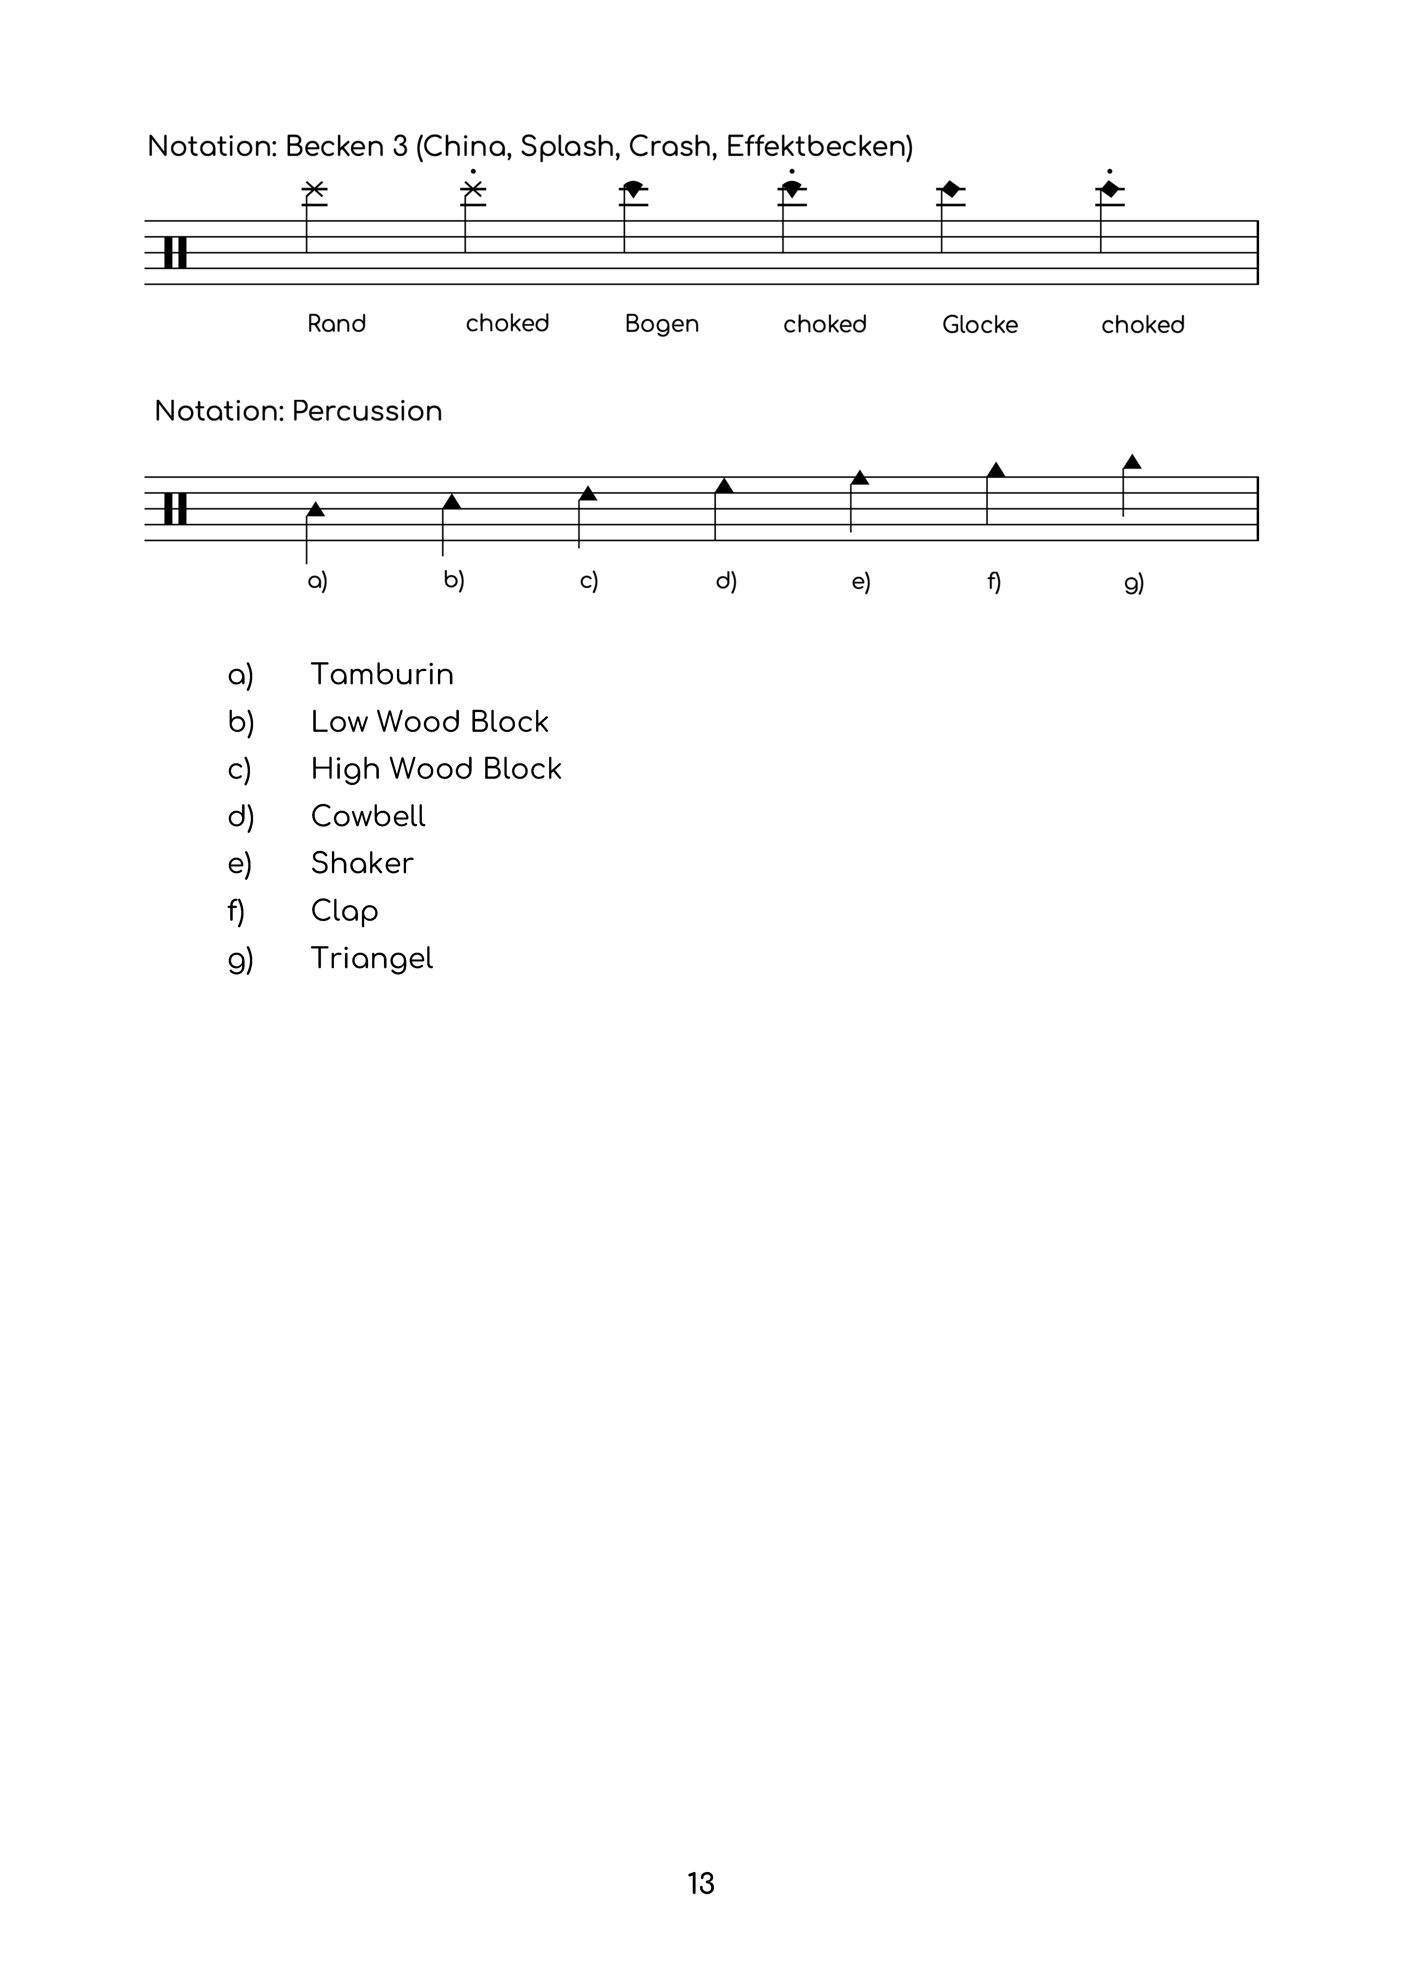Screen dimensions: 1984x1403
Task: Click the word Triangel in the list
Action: tap(372, 958)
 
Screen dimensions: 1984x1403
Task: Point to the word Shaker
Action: tap(362, 863)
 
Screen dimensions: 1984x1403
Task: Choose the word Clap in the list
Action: tap(344, 911)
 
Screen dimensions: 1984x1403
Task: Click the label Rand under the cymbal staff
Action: tap(336, 324)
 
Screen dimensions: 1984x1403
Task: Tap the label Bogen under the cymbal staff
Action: tap(662, 324)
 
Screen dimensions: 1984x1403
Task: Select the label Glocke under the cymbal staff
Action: tap(980, 325)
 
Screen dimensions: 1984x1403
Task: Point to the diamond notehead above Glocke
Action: tap(951, 189)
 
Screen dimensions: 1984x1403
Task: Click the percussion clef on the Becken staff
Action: tap(175, 252)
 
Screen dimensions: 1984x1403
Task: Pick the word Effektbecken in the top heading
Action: tap(818, 147)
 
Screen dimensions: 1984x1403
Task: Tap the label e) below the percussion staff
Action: tap(860, 582)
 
